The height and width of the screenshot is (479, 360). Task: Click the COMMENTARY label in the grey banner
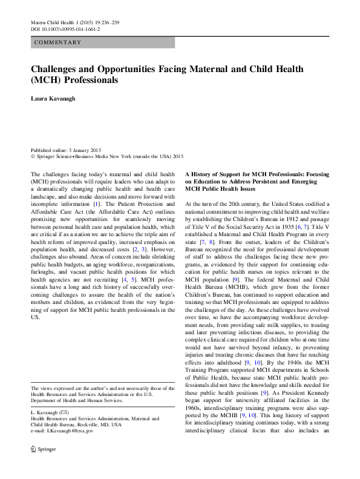[58, 42]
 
